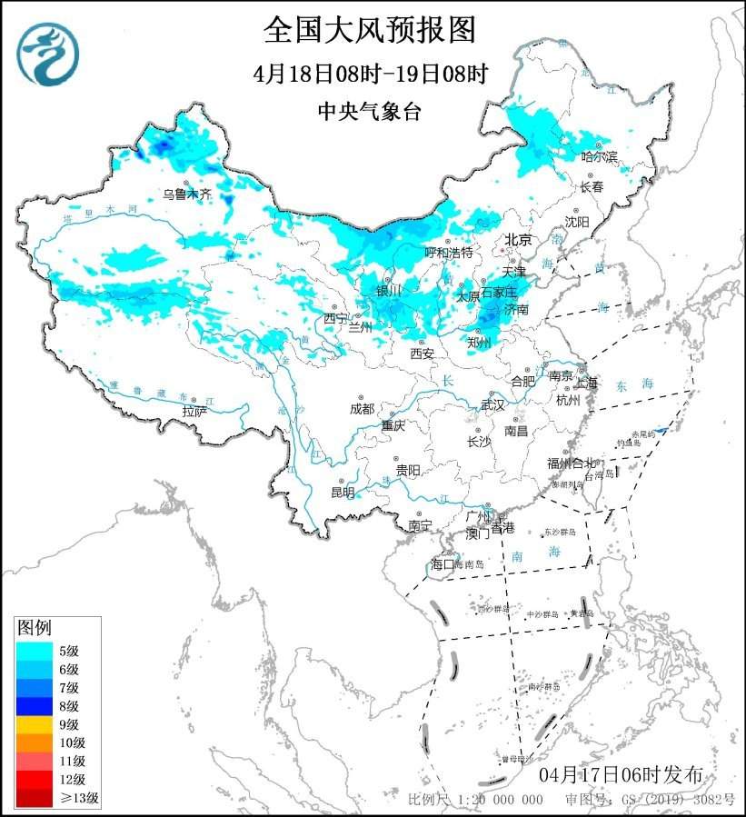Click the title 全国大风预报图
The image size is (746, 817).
[370, 30]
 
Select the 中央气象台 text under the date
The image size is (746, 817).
[370, 111]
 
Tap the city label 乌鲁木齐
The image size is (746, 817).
[186, 194]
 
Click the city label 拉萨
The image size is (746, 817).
[194, 412]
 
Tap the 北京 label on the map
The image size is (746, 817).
[517, 240]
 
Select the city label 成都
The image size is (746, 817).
[361, 408]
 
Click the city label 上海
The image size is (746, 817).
[585, 383]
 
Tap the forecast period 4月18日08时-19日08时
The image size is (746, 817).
[370, 74]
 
